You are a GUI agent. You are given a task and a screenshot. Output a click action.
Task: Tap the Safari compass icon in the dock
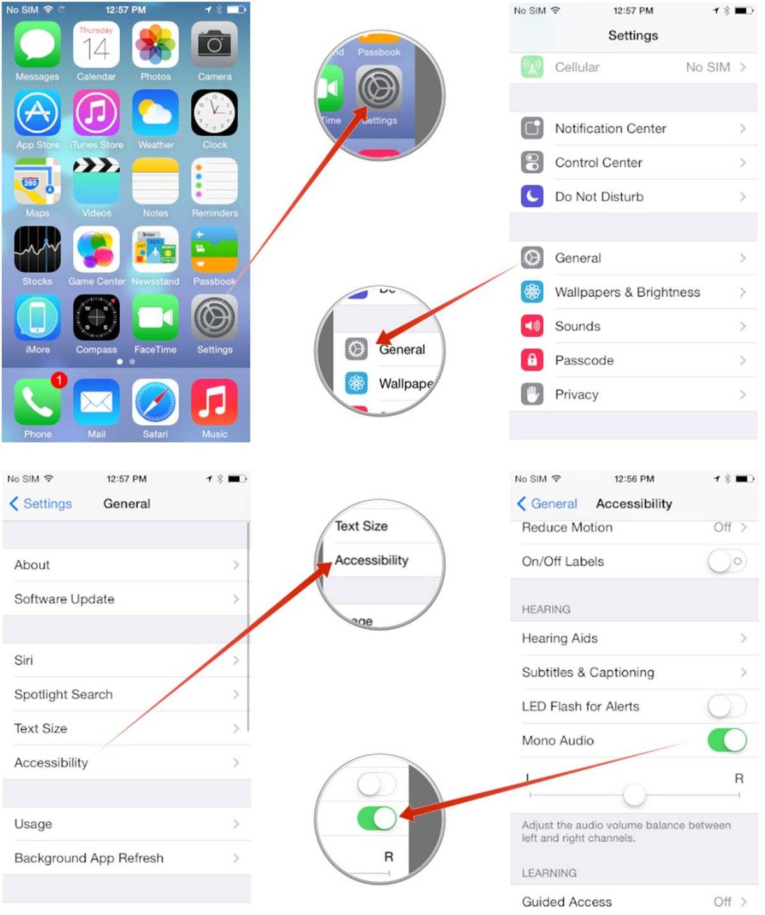[x=156, y=402]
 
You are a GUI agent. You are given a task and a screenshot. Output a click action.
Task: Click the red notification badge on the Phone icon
[x=59, y=380]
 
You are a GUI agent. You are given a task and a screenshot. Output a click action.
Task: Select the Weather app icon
[x=156, y=113]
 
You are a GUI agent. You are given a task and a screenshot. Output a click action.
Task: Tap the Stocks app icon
[x=38, y=249]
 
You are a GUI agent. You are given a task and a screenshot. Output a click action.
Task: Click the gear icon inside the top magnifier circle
[x=379, y=88]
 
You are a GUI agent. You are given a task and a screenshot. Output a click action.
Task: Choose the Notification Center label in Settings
[x=610, y=129]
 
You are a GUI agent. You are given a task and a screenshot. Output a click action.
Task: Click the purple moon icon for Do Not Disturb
[x=532, y=196]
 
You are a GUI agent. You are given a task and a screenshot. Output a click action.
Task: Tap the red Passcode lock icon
[x=532, y=360]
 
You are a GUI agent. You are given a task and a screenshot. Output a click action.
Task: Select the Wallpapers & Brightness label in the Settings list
[x=627, y=292]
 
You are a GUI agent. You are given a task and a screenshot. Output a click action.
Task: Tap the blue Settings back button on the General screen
[x=41, y=504]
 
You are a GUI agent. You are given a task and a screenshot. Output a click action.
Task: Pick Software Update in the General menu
[x=64, y=599]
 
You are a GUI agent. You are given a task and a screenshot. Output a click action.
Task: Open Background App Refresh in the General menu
[x=89, y=858]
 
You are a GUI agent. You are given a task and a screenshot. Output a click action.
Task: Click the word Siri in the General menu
[x=24, y=661]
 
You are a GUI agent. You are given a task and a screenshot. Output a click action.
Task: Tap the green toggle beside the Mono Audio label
[x=726, y=740]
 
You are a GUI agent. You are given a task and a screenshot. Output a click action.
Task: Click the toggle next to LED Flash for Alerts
[x=726, y=706]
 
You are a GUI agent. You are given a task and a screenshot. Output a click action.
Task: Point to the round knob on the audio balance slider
[x=634, y=794]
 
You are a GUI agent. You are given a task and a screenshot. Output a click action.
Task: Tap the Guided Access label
[x=567, y=902]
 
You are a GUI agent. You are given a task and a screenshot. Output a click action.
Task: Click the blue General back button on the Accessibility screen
[x=548, y=504]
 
